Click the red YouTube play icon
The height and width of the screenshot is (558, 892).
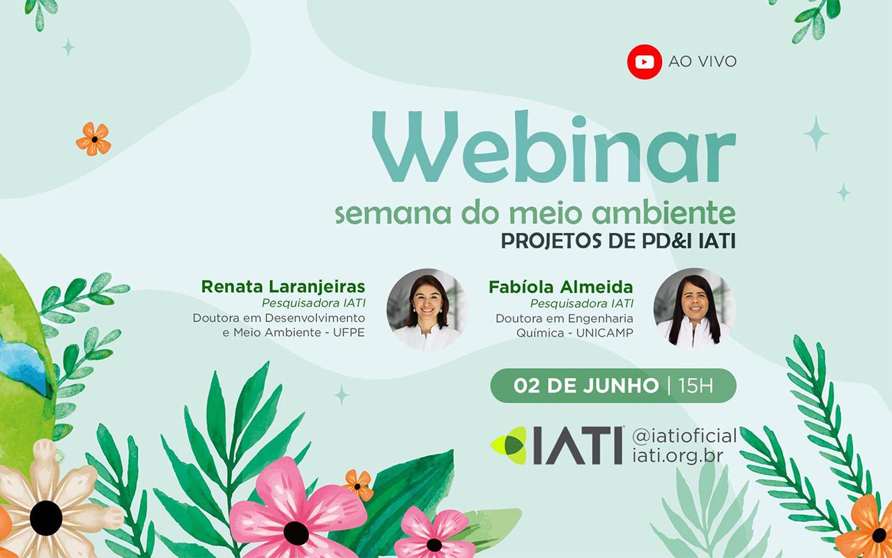point(645,62)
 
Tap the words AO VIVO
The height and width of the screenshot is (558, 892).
point(702,62)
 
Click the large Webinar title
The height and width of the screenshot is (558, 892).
point(554,147)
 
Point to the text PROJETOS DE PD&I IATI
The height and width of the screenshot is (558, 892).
point(618,241)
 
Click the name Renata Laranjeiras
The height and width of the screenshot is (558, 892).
point(283,287)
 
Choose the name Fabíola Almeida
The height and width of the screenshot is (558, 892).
point(561,287)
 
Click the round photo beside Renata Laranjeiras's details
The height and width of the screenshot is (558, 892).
point(426,310)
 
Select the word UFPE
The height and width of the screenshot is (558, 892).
point(349,333)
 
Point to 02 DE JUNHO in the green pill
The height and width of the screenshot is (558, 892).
point(586,386)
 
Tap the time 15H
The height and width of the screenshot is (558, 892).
point(695,386)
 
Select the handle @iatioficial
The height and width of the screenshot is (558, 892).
point(684,436)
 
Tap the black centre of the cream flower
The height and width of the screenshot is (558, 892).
point(46,518)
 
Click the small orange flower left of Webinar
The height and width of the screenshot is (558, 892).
point(93,139)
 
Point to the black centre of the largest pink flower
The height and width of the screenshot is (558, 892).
point(296,534)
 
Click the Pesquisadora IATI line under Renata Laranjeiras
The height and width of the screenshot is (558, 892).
point(314,303)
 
